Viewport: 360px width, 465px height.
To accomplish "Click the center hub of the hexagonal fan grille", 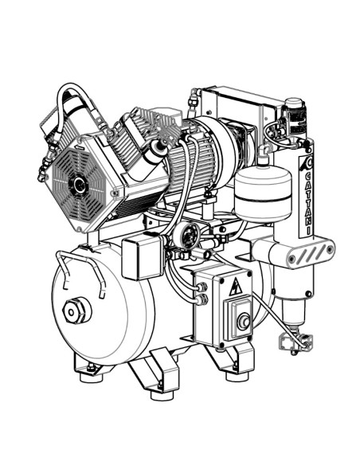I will pos(79,186).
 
